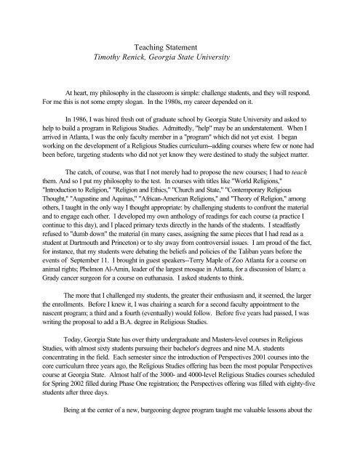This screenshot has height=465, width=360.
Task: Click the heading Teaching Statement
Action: pyautogui.click(x=180, y=44)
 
